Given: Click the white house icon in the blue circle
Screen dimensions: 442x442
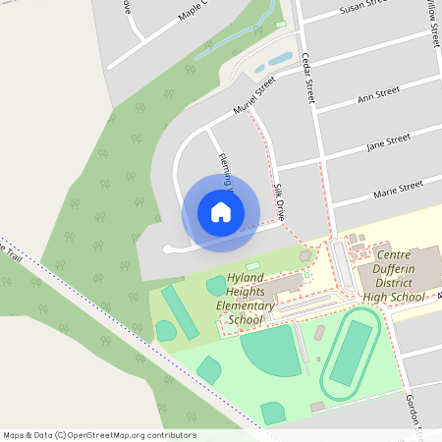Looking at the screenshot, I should tap(221, 211).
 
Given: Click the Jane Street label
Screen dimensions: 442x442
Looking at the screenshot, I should tap(387, 141).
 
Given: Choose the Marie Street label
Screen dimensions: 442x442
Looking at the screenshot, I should tap(398, 186).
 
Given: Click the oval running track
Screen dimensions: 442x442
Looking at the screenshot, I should tap(351, 352).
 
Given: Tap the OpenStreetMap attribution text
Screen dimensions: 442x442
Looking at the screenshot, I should tap(98, 434).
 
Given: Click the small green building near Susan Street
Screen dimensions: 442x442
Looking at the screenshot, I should tap(280, 24).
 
